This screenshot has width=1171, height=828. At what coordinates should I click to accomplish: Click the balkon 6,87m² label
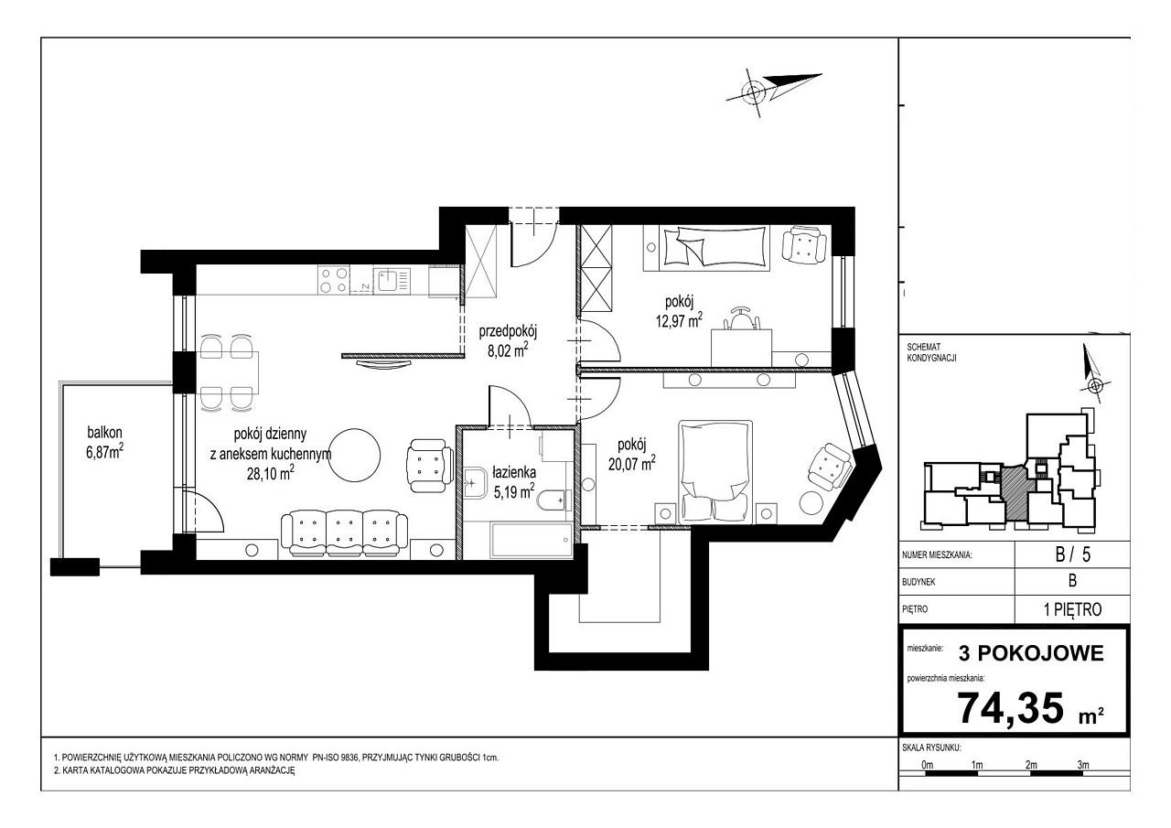[105, 442]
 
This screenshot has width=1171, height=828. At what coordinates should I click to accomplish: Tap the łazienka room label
[514, 472]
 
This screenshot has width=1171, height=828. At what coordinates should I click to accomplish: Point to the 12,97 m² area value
[679, 320]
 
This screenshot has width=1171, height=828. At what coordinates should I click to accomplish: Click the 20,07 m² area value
[631, 463]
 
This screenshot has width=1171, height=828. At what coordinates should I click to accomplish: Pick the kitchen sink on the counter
[392, 281]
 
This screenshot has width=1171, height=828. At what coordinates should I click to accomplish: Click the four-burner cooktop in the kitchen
[334, 280]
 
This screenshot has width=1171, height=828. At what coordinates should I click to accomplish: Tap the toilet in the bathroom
[551, 501]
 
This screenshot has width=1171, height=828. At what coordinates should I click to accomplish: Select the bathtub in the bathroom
[532, 541]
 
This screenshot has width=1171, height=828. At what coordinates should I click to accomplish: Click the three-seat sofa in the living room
[345, 532]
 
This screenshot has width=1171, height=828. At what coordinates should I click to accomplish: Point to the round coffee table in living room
[355, 455]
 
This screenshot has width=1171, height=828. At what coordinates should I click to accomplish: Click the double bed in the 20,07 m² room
[715, 471]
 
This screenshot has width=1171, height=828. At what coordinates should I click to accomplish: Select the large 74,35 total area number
[1010, 708]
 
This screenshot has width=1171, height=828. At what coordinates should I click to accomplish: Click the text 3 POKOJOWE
[1031, 653]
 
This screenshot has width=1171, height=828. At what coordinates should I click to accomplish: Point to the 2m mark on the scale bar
[1031, 765]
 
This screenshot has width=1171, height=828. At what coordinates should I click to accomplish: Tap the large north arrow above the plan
[774, 90]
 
